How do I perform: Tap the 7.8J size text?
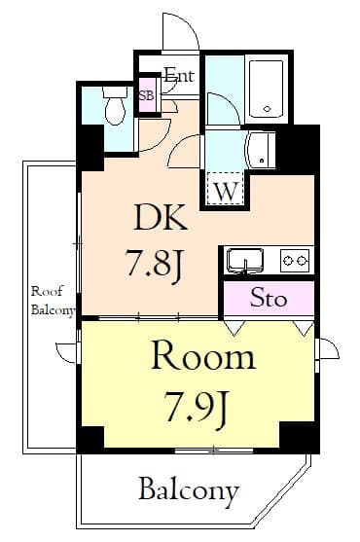[x=152, y=264]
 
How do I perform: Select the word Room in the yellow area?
[x=202, y=357]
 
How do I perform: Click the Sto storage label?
[x=269, y=299]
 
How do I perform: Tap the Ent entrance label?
[x=179, y=75]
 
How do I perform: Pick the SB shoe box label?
[x=147, y=96]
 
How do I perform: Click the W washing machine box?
[x=225, y=190]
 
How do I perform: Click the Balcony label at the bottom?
[x=188, y=489]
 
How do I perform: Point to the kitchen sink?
[x=245, y=261]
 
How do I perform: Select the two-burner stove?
[x=294, y=260]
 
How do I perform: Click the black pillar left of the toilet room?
[x=90, y=145]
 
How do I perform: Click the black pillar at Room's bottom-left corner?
[x=91, y=437]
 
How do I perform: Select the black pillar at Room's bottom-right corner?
[x=300, y=437]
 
